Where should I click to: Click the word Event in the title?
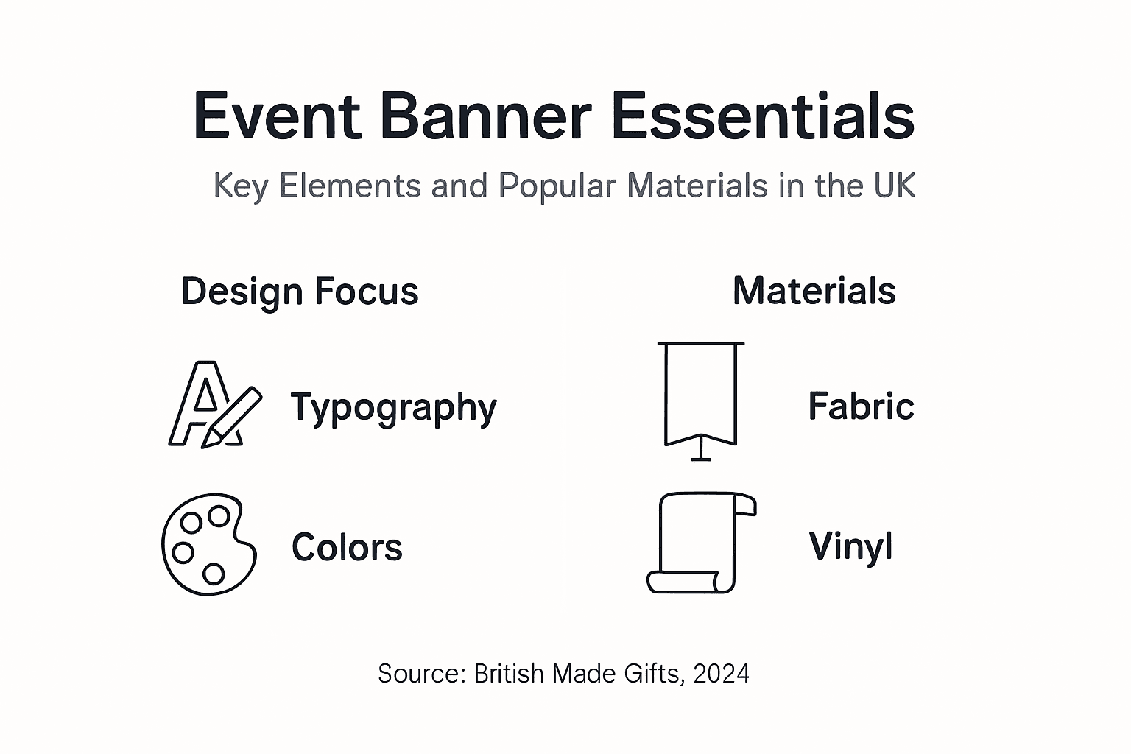[277, 116]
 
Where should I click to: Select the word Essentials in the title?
[763, 116]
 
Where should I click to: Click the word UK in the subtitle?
[895, 186]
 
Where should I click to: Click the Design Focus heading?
[300, 292]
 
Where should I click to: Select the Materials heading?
[814, 291]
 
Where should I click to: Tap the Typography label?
[394, 407]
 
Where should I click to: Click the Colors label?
[347, 547]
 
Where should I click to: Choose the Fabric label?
[861, 406]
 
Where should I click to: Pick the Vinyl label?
[850, 546]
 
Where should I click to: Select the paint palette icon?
[209, 544]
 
